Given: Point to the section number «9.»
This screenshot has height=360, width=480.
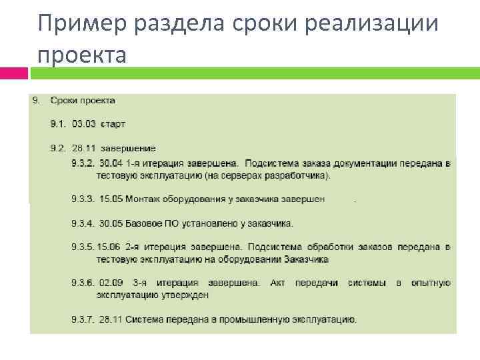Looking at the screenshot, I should [x=37, y=101].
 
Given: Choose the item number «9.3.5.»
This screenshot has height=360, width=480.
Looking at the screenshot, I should [x=83, y=247].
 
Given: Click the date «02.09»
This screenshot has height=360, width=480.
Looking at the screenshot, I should [x=111, y=283].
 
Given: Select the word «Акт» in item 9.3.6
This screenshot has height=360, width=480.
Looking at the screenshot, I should [x=277, y=283].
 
